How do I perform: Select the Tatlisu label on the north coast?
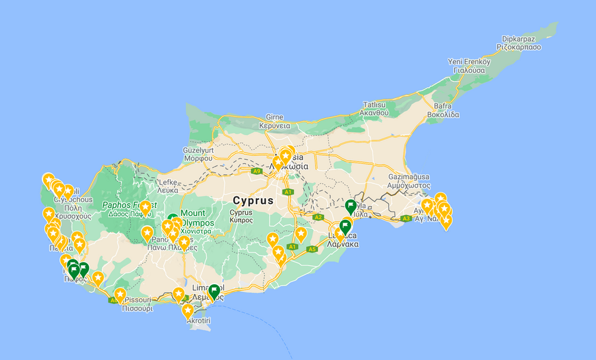[x=374, y=104]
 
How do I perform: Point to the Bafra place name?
[x=440, y=106]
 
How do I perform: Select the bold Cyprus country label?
[x=252, y=200]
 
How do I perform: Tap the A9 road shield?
[x=257, y=171]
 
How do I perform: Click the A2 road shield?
[x=317, y=217]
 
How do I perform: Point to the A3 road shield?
[x=406, y=219]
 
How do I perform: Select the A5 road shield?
[x=311, y=249]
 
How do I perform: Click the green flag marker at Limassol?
[x=214, y=291]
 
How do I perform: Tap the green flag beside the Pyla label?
[x=351, y=207]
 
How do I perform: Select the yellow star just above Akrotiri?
[x=188, y=310]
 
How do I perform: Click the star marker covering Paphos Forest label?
[x=144, y=208]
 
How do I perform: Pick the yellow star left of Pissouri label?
[x=120, y=295]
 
